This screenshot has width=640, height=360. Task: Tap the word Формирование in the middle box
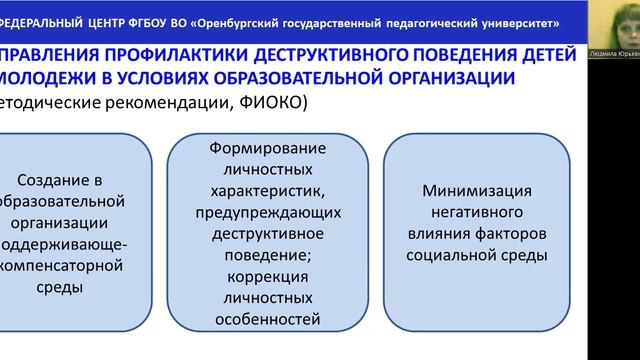(266, 147)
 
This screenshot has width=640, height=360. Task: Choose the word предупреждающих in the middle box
(266, 212)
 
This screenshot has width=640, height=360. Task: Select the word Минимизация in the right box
(477, 190)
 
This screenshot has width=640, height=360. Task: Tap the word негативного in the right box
(477, 212)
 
